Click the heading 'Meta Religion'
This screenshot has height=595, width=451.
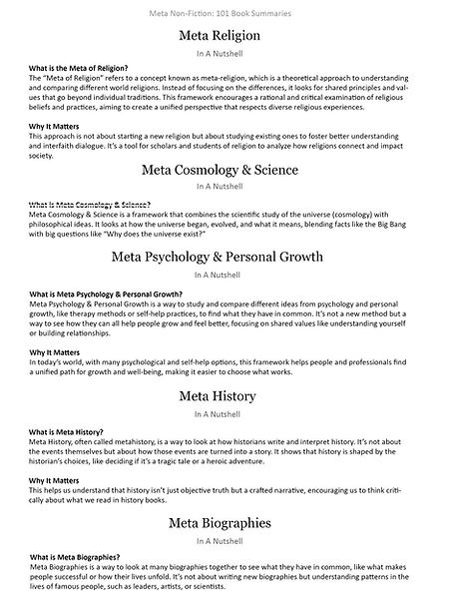point(225,36)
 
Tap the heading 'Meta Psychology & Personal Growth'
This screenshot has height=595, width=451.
point(225,258)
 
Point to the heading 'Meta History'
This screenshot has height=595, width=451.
point(225,397)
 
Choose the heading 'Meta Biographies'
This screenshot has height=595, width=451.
point(225,522)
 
